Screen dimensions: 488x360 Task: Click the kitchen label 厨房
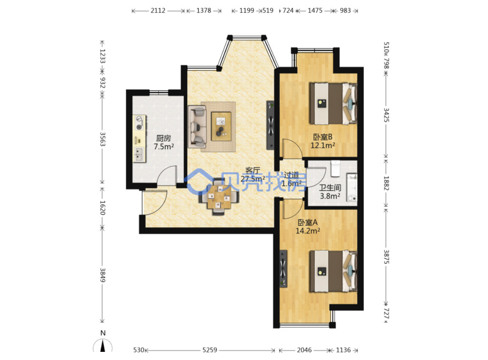[163, 138]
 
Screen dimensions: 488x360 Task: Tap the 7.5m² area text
[164, 147]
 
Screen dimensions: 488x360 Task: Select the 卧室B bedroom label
[323, 137]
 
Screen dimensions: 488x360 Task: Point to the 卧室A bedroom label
[307, 222]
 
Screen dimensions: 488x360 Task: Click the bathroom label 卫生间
[330, 188]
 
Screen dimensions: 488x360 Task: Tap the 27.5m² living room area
[253, 179]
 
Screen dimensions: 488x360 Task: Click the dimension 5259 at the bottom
[210, 350]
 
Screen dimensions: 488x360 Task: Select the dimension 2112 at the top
[158, 11]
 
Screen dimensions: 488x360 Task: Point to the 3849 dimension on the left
[103, 275]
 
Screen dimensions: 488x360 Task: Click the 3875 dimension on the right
[386, 257]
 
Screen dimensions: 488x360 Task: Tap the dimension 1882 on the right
[386, 183]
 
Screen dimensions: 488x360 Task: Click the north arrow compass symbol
[103, 345]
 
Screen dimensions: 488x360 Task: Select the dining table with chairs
[219, 197]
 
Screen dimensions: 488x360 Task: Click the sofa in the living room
[197, 126]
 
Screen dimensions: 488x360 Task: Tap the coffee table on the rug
[221, 126]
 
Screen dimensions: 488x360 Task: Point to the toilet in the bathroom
[335, 168]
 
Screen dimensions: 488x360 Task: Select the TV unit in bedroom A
[283, 268]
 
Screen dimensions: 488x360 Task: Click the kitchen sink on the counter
[139, 154]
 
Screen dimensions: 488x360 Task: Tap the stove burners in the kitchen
[139, 123]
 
